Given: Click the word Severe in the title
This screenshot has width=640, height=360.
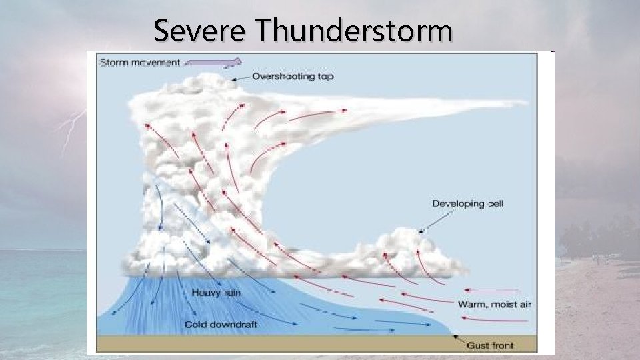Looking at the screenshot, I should coord(200,31).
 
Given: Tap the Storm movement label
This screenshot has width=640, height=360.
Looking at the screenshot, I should coord(139,63).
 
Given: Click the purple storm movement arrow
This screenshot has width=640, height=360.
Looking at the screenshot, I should coord(213,62).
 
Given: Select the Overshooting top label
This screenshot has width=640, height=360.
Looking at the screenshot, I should coord(293,77).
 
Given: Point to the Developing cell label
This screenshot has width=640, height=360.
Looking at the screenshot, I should coord(467,203).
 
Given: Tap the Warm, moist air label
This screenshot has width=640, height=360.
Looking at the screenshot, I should coord(495,305).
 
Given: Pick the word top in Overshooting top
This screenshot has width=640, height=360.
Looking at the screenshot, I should coord(323,77).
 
